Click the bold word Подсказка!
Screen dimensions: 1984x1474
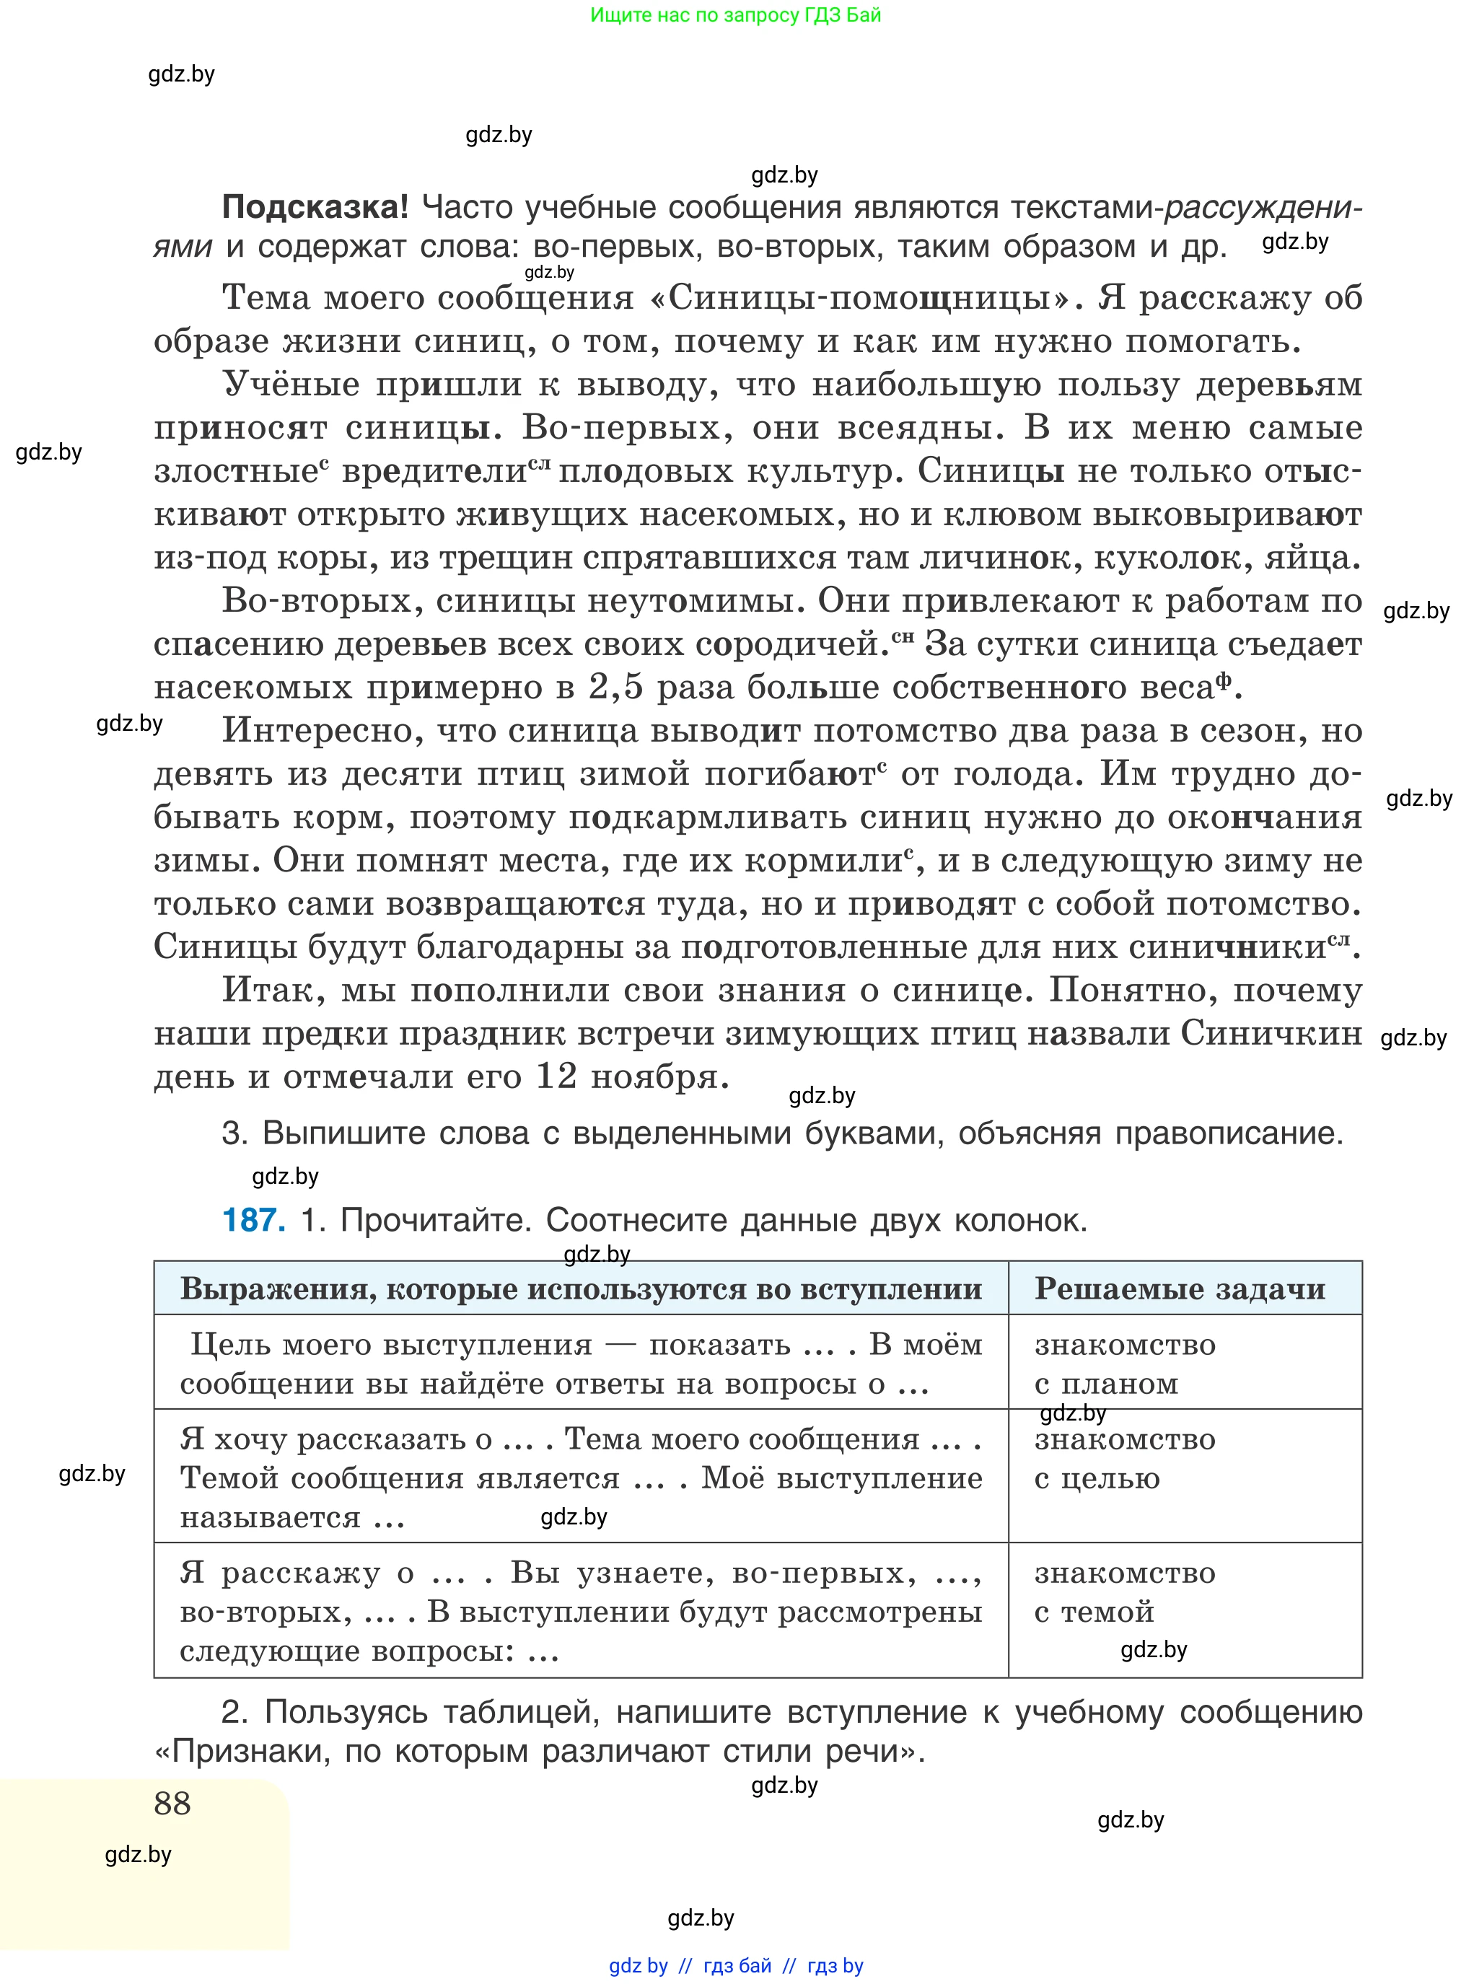[314, 207]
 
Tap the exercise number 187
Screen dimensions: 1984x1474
[253, 1219]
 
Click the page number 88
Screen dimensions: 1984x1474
[172, 1803]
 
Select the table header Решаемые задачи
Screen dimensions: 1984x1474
[1180, 1289]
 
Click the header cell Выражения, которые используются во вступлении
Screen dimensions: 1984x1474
[581, 1289]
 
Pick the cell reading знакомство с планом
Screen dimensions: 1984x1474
[1124, 1363]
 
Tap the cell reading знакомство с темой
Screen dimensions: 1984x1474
[1124, 1592]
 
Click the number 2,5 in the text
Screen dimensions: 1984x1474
[615, 687]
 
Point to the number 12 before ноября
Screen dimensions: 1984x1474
[557, 1076]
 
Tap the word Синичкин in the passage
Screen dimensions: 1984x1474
[1271, 1033]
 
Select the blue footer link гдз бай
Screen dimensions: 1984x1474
[737, 1965]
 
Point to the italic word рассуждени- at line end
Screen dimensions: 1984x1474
[1263, 207]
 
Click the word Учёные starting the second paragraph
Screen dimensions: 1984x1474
[291, 384]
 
